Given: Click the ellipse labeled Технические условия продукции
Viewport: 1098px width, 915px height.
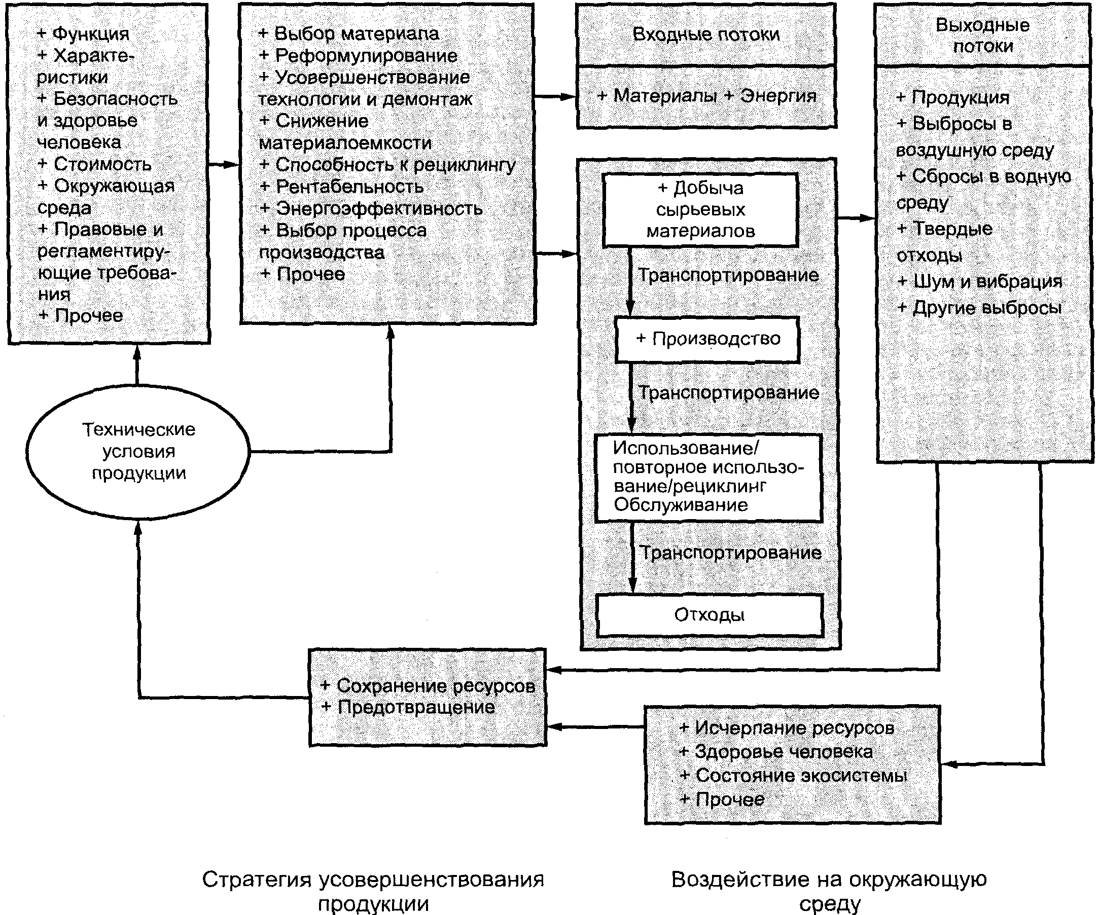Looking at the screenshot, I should click(x=138, y=451).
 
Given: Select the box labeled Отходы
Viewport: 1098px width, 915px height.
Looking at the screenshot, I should click(x=709, y=615).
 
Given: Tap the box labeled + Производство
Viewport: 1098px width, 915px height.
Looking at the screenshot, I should click(x=707, y=339).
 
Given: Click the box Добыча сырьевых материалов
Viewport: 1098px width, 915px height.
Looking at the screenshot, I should click(x=700, y=209).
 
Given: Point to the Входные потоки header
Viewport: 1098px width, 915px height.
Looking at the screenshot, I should click(x=706, y=34).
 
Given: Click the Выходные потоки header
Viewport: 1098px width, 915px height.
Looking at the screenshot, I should click(x=982, y=35).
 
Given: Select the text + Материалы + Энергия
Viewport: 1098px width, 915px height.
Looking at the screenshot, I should click(x=706, y=96).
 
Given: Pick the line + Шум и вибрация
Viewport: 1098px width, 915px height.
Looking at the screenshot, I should click(x=979, y=282).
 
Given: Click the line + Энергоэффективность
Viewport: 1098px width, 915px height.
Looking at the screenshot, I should click(x=371, y=208).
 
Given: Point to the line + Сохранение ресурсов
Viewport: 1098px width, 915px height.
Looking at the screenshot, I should click(x=428, y=685).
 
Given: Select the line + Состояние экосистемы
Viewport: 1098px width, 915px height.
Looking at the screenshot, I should click(x=793, y=776).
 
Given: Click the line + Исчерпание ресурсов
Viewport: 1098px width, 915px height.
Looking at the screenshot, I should click(x=787, y=728).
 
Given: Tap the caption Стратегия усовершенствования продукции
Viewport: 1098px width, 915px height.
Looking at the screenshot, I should click(x=373, y=891).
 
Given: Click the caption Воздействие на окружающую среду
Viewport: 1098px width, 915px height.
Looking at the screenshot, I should click(x=829, y=891).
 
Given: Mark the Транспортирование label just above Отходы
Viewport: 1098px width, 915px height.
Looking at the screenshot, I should click(x=730, y=553).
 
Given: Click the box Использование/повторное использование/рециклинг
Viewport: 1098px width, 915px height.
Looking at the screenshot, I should click(x=709, y=477).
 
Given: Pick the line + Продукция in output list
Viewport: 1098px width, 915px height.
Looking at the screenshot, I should click(x=952, y=98).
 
